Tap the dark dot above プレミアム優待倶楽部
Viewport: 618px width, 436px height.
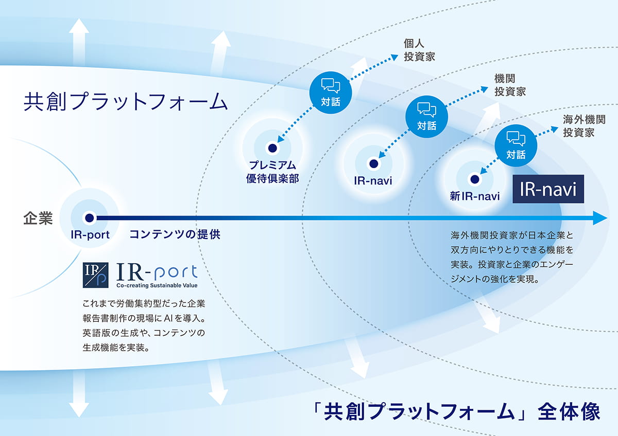[271, 148]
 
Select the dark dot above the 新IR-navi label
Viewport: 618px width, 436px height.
[474, 179]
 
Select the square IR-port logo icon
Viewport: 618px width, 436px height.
[95, 275]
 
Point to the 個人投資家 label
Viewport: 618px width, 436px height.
[419, 50]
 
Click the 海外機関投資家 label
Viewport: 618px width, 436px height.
[583, 125]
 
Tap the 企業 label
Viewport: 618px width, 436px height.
[38, 219]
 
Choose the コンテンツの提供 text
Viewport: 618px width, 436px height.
[175, 234]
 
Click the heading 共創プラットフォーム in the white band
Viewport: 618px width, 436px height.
[125, 101]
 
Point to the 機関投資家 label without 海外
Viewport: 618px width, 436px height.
[509, 85]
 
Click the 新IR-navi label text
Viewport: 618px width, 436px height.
[474, 196]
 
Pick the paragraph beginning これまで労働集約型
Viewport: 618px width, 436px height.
[144, 325]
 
